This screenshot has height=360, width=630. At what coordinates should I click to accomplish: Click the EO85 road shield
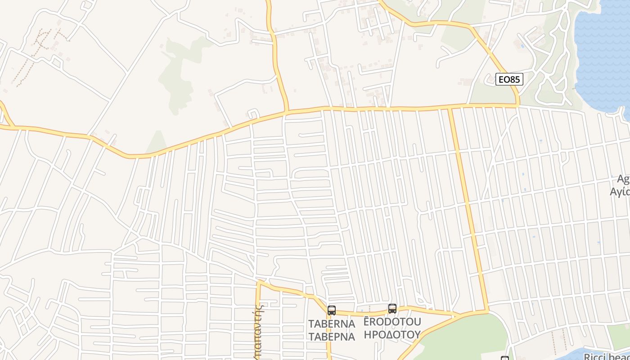pyautogui.click(x=510, y=80)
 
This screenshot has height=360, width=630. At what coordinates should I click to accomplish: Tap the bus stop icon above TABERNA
pyautogui.click(x=332, y=310)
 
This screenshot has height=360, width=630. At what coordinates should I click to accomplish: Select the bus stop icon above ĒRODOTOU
pyautogui.click(x=392, y=308)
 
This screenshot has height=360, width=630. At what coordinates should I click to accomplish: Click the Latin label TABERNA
pyautogui.click(x=332, y=324)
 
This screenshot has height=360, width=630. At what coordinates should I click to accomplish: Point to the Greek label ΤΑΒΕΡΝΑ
pyautogui.click(x=332, y=336)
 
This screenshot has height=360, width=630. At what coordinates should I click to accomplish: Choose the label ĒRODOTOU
pyautogui.click(x=392, y=322)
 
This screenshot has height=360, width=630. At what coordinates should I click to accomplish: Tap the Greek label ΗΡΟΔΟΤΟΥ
pyautogui.click(x=392, y=334)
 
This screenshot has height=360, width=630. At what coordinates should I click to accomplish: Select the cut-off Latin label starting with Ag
pyautogui.click(x=623, y=179)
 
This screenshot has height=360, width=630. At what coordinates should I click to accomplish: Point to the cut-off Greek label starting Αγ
pyautogui.click(x=620, y=192)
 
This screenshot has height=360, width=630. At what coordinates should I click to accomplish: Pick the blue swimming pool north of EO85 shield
pyautogui.click(x=522, y=46)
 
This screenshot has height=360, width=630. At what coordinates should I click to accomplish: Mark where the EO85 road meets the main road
pyautogui.click(x=518, y=106)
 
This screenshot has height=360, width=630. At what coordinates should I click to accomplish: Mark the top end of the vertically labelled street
pyautogui.click(x=259, y=281)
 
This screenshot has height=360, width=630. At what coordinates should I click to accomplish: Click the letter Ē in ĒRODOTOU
pyautogui.click(x=367, y=322)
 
